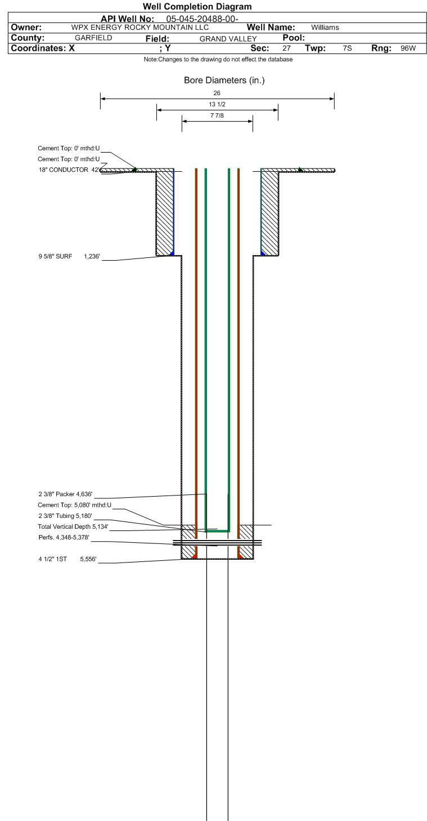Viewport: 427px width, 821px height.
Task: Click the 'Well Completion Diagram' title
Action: (x=197, y=7)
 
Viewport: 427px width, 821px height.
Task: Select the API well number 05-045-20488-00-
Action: (x=202, y=19)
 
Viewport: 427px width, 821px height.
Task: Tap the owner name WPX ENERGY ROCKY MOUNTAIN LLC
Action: (x=140, y=28)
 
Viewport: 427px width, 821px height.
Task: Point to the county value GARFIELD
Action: (x=93, y=38)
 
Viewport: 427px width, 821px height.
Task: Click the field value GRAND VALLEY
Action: (x=228, y=38)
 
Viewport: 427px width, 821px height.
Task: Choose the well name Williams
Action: (x=325, y=28)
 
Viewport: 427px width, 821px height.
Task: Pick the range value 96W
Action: (x=408, y=48)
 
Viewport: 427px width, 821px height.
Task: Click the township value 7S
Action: (x=347, y=48)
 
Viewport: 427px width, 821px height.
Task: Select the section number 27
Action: (x=287, y=48)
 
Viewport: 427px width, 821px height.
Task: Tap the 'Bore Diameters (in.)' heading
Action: (x=224, y=81)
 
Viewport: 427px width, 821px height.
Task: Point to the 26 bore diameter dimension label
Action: (x=217, y=93)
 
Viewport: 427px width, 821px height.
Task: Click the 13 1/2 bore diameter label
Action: (x=217, y=105)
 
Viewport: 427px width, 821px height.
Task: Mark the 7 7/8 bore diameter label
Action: (x=217, y=116)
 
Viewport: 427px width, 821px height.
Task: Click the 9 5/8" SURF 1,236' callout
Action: (x=69, y=257)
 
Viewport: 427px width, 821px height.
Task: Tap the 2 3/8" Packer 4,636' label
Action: (x=66, y=494)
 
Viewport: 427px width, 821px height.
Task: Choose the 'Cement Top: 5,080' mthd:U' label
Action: (x=74, y=505)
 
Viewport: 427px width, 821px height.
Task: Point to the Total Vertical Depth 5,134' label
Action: (x=73, y=526)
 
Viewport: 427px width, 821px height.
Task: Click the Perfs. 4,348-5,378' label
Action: (x=64, y=537)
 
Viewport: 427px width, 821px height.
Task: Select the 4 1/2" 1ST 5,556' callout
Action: (x=68, y=559)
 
